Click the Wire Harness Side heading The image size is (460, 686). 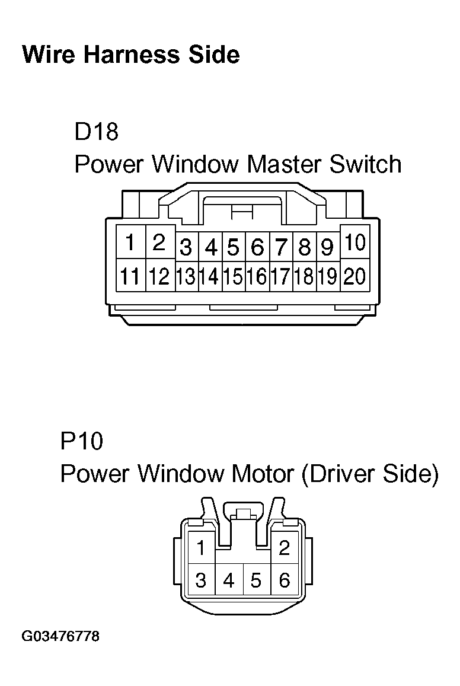click(x=130, y=55)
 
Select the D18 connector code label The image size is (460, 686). click(x=97, y=132)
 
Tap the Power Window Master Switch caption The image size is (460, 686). click(x=238, y=164)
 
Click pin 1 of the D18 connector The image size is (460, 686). click(x=130, y=243)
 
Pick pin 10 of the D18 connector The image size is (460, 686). click(x=355, y=243)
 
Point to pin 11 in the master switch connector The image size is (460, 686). click(x=130, y=276)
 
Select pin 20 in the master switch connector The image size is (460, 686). click(x=355, y=276)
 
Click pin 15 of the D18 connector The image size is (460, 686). click(x=234, y=276)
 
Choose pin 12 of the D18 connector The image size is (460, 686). click(x=159, y=276)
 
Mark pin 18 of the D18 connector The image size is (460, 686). click(x=304, y=276)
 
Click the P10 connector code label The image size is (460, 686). click(x=81, y=442)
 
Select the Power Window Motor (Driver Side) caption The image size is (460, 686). click(x=249, y=474)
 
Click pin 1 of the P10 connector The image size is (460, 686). click(x=202, y=548)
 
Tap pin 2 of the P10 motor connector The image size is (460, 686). click(x=284, y=548)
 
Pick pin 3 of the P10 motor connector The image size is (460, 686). click(x=201, y=580)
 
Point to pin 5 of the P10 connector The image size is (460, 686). click(x=256, y=580)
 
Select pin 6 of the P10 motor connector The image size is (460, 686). click(x=284, y=580)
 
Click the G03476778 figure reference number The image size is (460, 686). click(x=60, y=637)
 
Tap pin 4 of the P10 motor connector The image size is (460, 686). click(x=229, y=580)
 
